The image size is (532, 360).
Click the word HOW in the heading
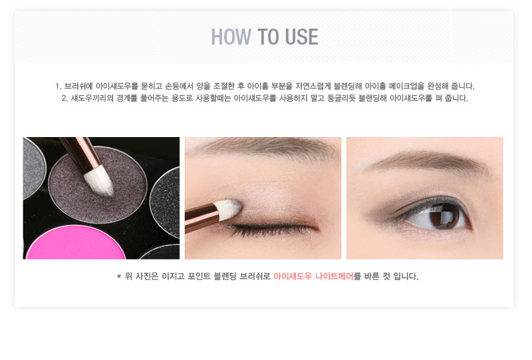[231, 37]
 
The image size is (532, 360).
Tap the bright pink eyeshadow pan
[76, 243]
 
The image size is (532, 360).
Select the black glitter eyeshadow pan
[166, 202]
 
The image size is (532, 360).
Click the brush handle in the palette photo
[78, 154]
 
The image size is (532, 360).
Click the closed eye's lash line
[271, 228]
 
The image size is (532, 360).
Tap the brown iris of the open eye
[443, 216]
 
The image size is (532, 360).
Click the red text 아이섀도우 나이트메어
[313, 276]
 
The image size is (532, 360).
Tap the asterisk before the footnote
[119, 276]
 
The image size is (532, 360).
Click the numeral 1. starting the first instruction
[59, 87]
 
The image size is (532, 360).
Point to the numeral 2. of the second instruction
[65, 98]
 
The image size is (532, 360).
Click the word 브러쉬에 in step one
[78, 86]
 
